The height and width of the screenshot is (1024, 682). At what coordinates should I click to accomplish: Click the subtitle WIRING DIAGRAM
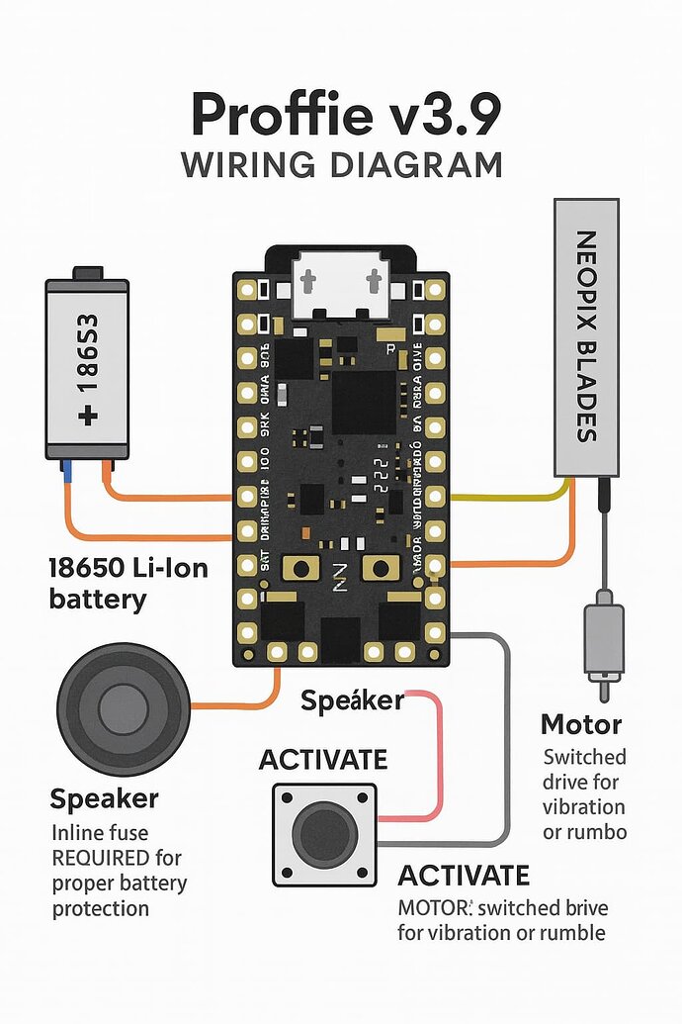point(342,164)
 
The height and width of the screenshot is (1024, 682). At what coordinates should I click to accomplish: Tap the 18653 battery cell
point(87,367)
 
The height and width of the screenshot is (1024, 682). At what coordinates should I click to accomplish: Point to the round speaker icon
point(124,707)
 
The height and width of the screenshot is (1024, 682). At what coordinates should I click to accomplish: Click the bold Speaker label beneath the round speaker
point(104,798)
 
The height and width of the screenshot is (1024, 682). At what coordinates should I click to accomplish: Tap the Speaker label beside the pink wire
point(352,700)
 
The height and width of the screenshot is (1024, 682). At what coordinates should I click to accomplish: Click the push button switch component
point(324,833)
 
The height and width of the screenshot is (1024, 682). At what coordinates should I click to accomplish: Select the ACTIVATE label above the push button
point(323,760)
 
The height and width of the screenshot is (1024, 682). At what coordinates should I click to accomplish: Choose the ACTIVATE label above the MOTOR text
point(464,876)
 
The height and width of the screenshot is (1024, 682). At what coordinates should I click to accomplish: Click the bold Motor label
point(581,724)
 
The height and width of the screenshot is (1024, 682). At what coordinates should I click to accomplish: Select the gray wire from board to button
point(507,742)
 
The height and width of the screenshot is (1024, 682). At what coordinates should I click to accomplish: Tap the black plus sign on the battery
point(90,417)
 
